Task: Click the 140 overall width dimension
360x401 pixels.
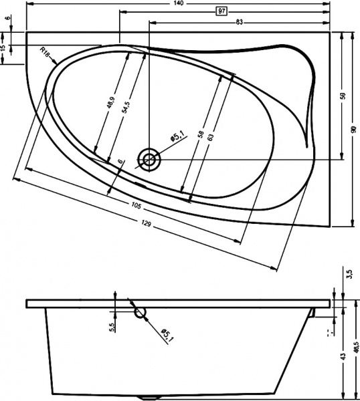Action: (x=179, y=3)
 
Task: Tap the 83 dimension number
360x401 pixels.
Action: (x=240, y=22)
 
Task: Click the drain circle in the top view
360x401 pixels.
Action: (x=148, y=159)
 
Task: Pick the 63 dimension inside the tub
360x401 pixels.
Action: (x=209, y=137)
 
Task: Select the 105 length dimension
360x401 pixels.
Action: (x=136, y=207)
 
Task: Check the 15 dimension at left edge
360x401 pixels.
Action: (x=3, y=49)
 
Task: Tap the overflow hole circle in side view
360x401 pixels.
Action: (x=141, y=313)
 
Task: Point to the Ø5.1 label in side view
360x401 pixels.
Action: (x=167, y=335)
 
